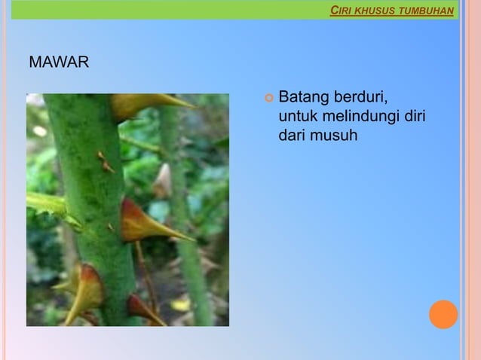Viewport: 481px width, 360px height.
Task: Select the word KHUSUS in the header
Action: coord(375,11)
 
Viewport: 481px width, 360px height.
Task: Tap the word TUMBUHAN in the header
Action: coord(426,11)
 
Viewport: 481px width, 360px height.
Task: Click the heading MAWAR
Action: coord(58,62)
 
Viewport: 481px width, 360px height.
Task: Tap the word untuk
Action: coord(296,117)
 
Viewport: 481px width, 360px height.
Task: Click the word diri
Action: coord(415,117)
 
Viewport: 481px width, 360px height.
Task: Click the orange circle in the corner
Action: coord(443,314)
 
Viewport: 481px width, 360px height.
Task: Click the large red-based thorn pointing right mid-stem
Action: coord(147,225)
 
